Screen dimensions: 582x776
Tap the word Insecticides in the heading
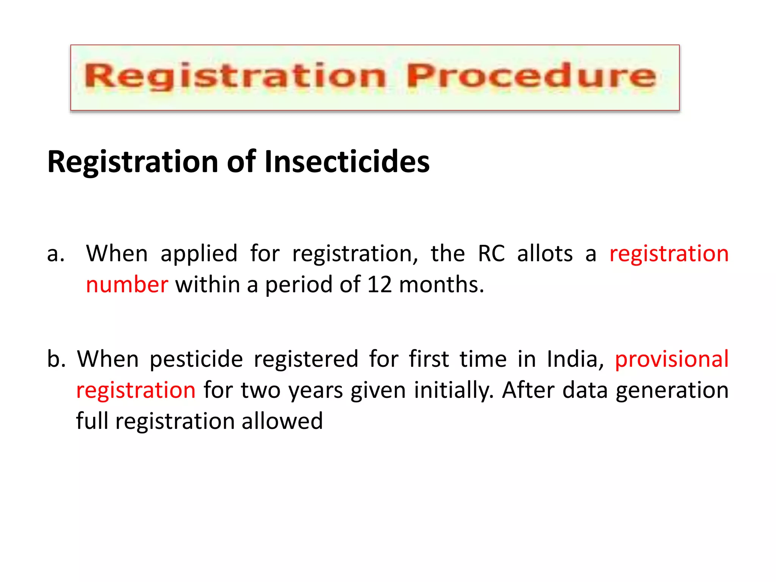[x=347, y=162]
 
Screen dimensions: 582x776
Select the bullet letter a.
[x=55, y=254]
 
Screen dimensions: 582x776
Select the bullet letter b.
[x=56, y=359]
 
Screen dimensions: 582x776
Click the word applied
[x=199, y=254]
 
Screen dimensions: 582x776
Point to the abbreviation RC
[x=491, y=253]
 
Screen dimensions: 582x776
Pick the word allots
[x=545, y=253]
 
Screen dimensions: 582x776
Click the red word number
[x=127, y=285]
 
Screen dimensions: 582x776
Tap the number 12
[x=379, y=285]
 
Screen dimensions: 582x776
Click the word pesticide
[x=196, y=359]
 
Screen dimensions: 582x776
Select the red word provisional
[x=671, y=359]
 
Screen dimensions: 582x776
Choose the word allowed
[x=282, y=421]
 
